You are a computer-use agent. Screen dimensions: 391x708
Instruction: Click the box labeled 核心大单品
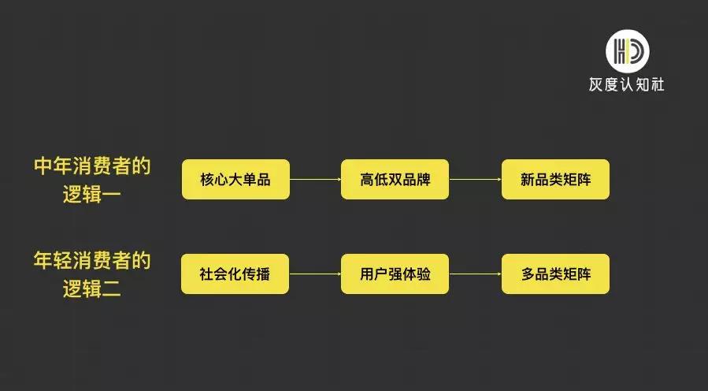pos(235,179)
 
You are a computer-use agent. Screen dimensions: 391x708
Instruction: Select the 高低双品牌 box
pos(395,179)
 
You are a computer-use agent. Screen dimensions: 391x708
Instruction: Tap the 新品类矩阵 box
pos(555,179)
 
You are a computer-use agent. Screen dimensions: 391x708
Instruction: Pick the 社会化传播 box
pos(235,274)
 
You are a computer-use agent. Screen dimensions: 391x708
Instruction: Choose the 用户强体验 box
pos(395,274)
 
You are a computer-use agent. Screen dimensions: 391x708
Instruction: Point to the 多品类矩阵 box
pos(555,274)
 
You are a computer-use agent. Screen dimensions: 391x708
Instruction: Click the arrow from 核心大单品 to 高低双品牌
pos(315,180)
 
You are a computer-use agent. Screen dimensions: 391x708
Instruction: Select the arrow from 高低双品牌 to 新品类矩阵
pos(475,180)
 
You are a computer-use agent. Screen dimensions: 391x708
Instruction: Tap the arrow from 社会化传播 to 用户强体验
pos(315,274)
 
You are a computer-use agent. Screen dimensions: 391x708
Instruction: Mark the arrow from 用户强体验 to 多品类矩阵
pos(475,274)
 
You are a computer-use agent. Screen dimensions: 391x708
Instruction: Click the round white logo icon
pos(627,50)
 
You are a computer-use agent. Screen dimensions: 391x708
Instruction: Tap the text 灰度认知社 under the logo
pos(627,84)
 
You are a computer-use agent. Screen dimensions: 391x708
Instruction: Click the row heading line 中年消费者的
pos(92,166)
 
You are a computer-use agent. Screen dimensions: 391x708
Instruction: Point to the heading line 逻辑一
pos(92,194)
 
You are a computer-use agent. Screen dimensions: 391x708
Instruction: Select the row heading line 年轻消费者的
pos(92,261)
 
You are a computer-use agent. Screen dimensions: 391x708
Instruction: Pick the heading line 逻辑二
pos(92,289)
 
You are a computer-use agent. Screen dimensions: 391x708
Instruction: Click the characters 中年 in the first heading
pos(53,166)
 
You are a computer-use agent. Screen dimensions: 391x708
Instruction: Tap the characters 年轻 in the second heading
pos(53,261)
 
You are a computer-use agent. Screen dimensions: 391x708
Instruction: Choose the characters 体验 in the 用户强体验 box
pos(417,274)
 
